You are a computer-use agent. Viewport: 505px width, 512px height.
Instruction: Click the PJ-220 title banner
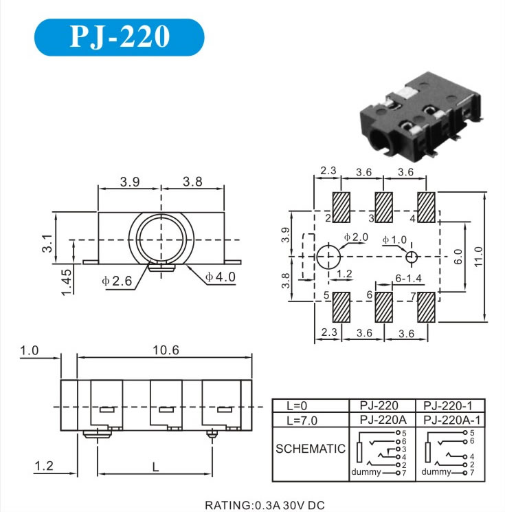120,37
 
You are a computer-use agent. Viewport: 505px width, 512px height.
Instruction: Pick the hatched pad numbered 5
341,308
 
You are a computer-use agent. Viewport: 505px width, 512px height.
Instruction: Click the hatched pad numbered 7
426,308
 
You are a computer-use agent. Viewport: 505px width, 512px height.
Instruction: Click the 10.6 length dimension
165,350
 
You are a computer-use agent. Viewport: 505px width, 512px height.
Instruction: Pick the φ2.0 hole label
357,237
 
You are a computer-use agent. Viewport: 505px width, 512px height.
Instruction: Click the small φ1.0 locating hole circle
412,257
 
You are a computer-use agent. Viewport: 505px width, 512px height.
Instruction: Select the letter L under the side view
155,467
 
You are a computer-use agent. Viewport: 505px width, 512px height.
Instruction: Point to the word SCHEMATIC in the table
310,449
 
